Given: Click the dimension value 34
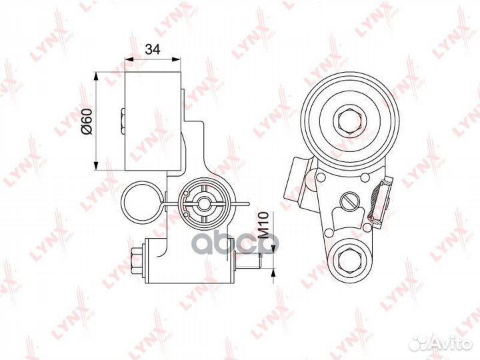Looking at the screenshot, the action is click(153, 49).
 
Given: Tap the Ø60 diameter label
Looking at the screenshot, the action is click(86, 121).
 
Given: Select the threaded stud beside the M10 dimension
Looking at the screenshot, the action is click(248, 261).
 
